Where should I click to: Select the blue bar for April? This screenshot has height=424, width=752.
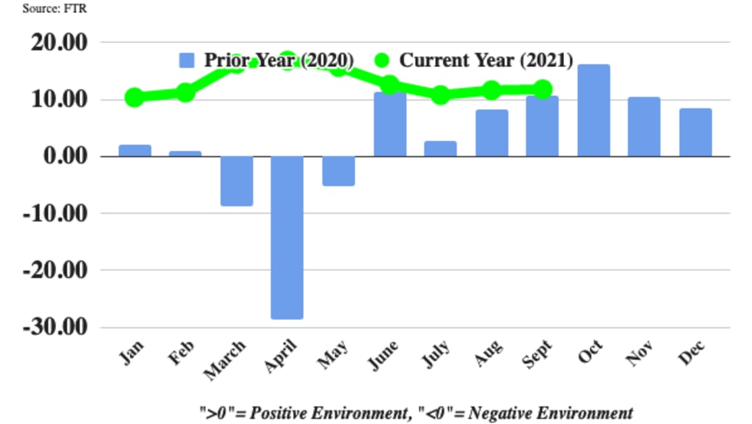[287, 237]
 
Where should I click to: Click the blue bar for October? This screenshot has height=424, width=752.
[593, 111]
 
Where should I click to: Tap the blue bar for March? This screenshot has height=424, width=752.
[236, 181]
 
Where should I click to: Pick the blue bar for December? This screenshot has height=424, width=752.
[695, 133]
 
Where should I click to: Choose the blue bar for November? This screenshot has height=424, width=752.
[644, 127]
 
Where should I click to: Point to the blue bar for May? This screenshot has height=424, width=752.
[338, 171]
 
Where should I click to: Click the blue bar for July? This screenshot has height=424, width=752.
[440, 149]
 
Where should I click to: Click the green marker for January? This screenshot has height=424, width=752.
[134, 98]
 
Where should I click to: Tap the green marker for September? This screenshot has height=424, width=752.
[543, 90]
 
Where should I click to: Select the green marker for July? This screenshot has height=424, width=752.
[440, 95]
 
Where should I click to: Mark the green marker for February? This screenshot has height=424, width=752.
[186, 93]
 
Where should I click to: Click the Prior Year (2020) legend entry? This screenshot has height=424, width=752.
[266, 61]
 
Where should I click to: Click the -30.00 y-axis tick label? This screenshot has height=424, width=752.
[58, 327]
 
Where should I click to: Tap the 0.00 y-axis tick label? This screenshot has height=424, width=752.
[67, 157]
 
